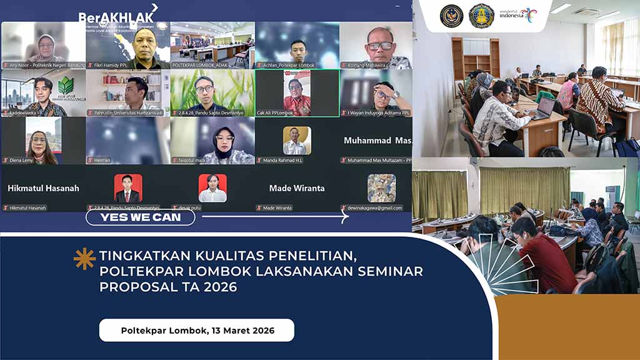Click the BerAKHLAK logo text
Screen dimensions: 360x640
tap(115, 16)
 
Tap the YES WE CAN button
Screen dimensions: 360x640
tap(141, 217)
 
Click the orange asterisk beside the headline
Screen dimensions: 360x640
tap(84, 258)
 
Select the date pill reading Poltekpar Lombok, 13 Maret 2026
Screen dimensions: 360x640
tap(196, 330)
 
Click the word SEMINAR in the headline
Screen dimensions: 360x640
tap(389, 271)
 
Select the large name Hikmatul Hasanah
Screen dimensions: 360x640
tap(43, 188)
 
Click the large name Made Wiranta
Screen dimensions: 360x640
tap(297, 188)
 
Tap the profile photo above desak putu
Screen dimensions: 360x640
tap(212, 187)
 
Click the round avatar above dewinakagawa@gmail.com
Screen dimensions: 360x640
tap(381, 187)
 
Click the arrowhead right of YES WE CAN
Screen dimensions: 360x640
tap(344, 217)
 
